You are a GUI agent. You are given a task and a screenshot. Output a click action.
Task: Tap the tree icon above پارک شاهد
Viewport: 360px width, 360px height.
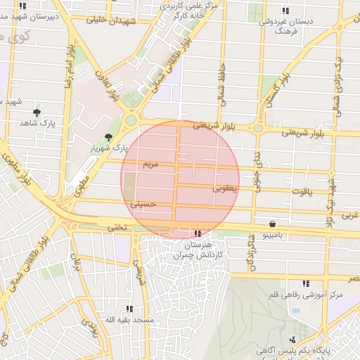pyautogui.click(x=37, y=112)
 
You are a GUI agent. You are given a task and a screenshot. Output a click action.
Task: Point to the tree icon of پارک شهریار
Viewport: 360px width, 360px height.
pyautogui.click(x=108, y=137)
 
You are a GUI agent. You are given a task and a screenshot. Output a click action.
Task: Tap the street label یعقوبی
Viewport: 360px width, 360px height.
pyautogui.click(x=225, y=188)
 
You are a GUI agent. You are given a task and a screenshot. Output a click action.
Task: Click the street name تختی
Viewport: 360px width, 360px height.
pyautogui.click(x=117, y=228)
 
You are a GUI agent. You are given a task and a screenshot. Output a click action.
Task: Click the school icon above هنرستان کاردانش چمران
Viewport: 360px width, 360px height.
pyautogui.click(x=198, y=233)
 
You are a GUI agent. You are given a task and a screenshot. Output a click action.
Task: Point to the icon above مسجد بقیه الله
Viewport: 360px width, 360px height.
pyautogui.click(x=129, y=309)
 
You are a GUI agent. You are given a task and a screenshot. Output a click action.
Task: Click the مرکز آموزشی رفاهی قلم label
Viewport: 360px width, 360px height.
pyautogui.click(x=306, y=294)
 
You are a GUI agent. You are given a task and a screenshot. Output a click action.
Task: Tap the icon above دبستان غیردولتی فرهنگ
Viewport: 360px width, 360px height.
pyautogui.click(x=285, y=10)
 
